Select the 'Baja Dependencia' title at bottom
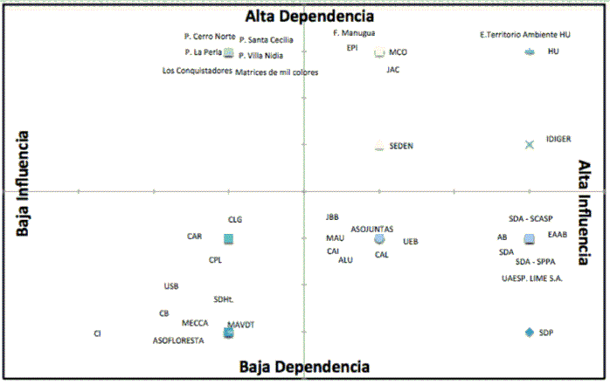click(x=304, y=368)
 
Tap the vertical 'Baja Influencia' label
click(x=24, y=184)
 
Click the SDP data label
click(x=546, y=333)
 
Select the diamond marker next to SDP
click(x=529, y=332)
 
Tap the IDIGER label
click(x=558, y=139)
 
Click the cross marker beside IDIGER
click(x=529, y=144)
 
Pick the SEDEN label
click(x=401, y=146)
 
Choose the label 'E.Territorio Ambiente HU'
click(x=526, y=35)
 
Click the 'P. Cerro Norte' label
click(x=210, y=37)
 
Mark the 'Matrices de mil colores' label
click(x=277, y=72)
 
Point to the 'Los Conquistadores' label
click(x=198, y=71)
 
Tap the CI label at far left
click(x=98, y=333)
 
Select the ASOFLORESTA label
click(x=178, y=340)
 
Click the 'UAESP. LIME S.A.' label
click(x=532, y=278)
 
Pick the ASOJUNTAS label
click(x=372, y=229)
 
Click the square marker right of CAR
click(x=228, y=238)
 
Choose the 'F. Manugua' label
click(x=355, y=33)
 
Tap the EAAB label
click(x=558, y=234)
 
